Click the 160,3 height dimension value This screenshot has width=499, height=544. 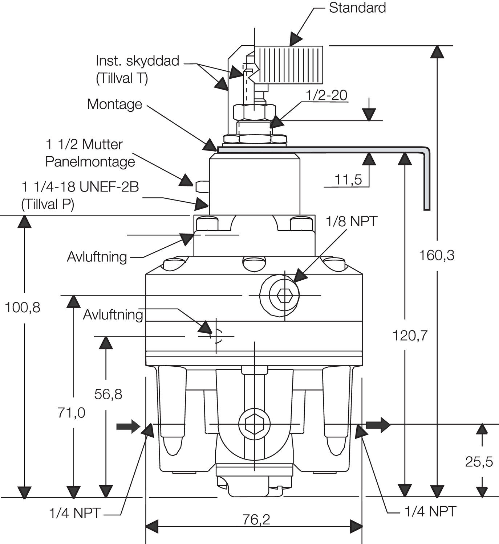437,255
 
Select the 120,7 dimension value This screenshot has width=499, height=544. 410,336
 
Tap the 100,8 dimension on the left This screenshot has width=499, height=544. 23,308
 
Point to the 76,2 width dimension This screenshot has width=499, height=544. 256,520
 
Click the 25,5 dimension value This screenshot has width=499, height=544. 479,462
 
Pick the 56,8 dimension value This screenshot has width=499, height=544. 108,394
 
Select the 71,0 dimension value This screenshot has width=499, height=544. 71,413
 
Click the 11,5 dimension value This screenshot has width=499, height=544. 348,180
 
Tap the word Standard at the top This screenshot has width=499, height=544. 357,8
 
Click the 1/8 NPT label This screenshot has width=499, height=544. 352,221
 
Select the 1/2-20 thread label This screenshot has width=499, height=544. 326,95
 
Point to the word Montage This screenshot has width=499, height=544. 114,104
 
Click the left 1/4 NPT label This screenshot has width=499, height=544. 75,513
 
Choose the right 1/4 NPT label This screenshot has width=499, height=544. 430,511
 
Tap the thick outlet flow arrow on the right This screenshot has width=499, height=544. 378,425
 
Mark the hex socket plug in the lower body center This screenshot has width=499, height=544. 255,424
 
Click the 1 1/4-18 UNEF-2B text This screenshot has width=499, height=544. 80,187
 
